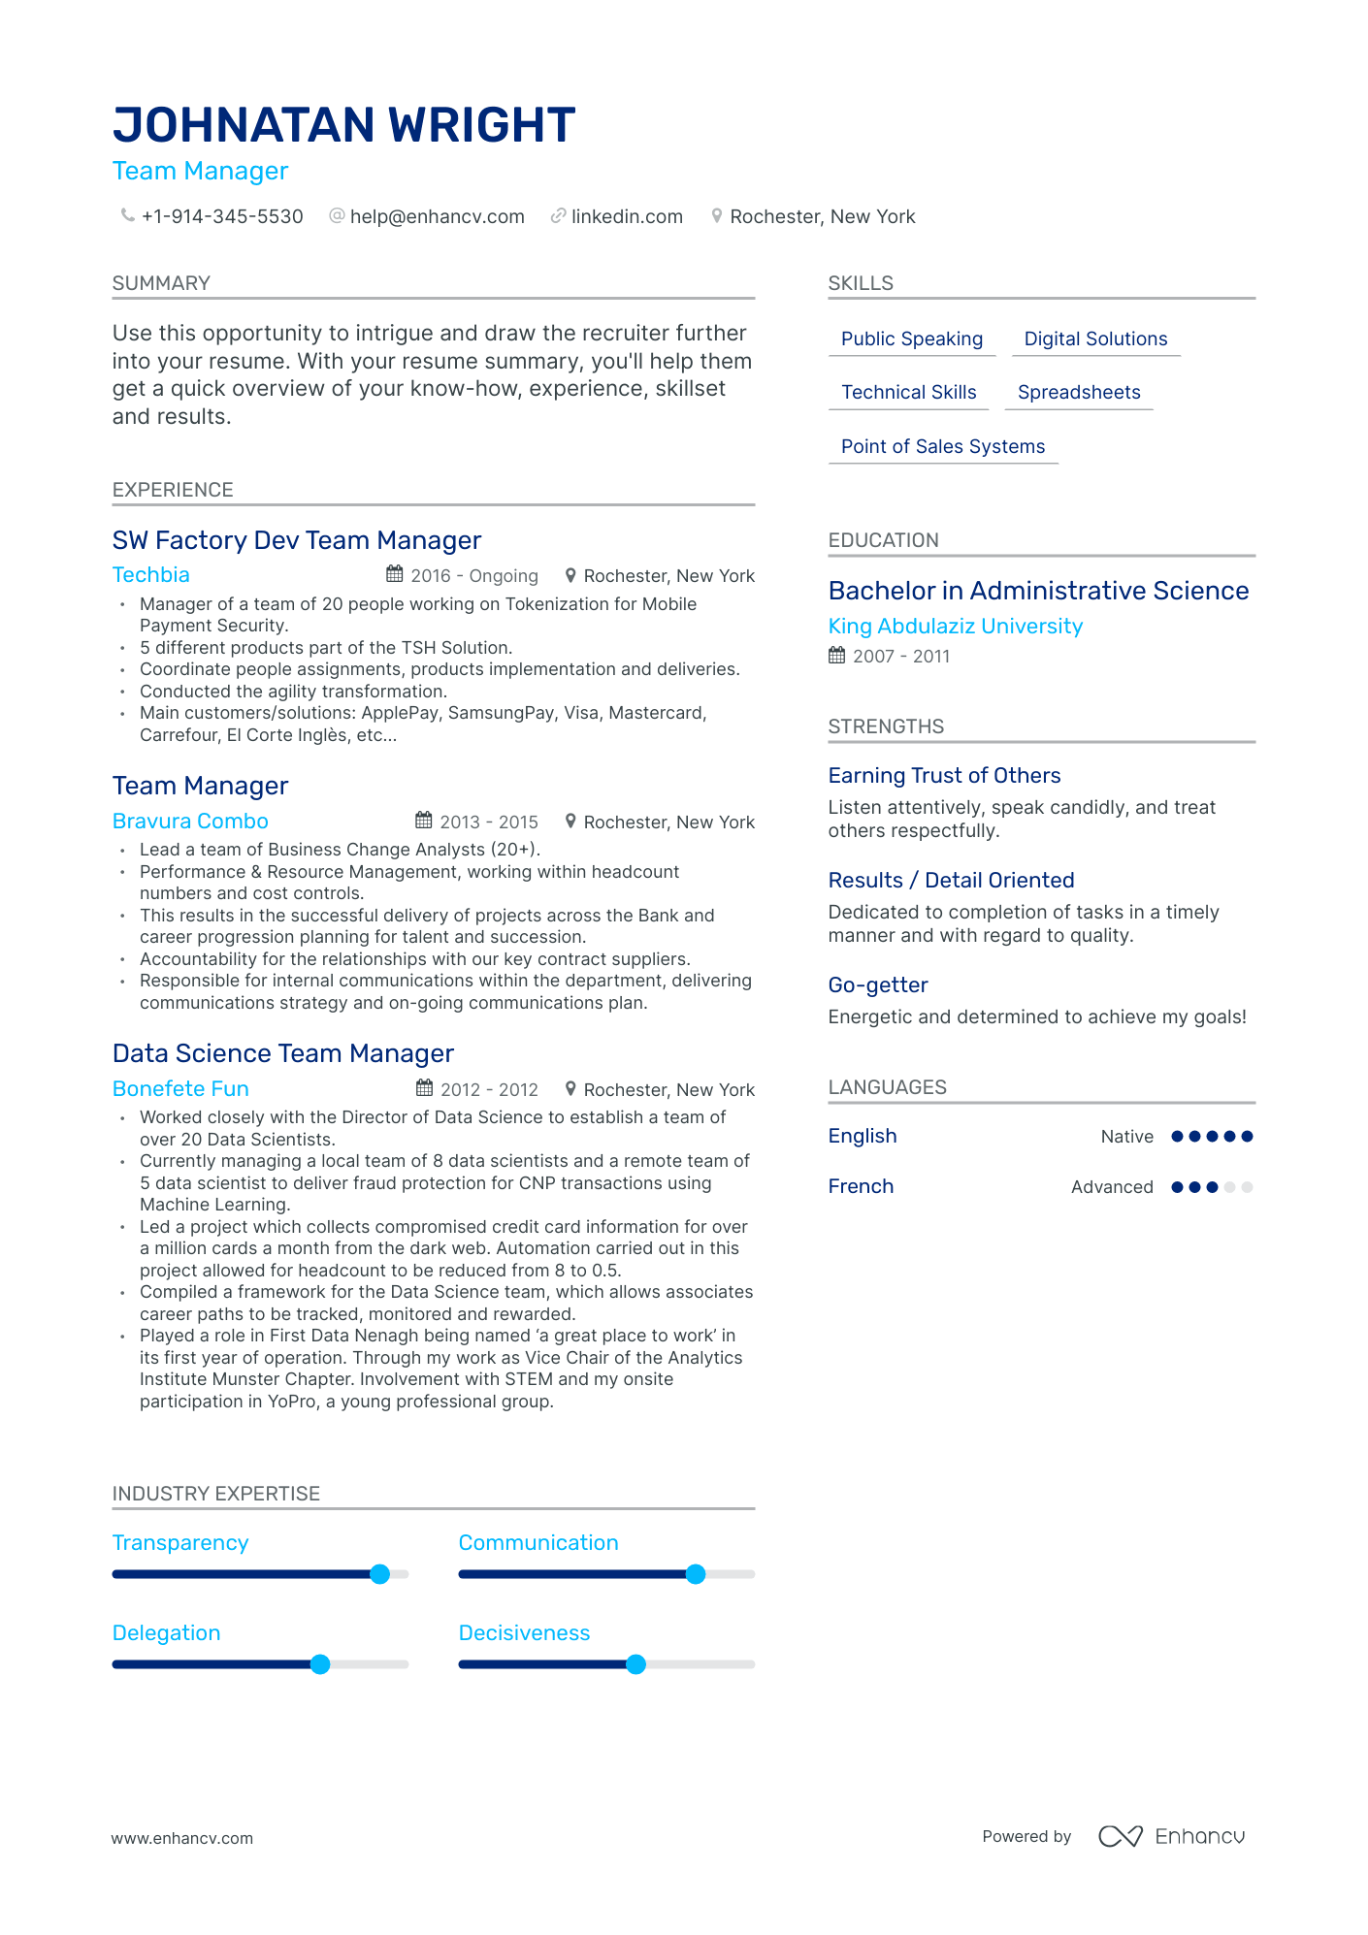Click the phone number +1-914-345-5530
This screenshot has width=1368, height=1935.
[222, 216]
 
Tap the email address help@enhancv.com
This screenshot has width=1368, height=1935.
[437, 216]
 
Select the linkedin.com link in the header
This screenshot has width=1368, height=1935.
[627, 216]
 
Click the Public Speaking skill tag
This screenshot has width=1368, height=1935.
[911, 339]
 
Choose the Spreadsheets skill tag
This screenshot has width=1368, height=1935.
[1079, 392]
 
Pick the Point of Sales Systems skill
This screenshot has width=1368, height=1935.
[942, 446]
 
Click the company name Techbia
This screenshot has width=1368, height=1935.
[151, 575]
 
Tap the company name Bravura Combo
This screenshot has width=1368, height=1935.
[190, 822]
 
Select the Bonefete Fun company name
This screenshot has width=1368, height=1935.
[180, 1089]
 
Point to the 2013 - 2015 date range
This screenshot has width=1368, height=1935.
[489, 822]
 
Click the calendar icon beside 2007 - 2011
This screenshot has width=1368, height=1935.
[836, 656]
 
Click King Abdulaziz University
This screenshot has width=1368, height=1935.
[955, 627]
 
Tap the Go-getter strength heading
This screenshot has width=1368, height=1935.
[878, 985]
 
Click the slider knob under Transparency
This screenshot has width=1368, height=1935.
[380, 1574]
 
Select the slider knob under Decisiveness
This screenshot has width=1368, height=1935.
[635, 1664]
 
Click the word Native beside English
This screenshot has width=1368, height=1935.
[1126, 1137]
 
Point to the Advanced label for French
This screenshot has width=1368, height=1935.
[1112, 1187]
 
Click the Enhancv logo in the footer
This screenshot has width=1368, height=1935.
[1171, 1836]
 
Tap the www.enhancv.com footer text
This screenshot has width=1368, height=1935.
[182, 1838]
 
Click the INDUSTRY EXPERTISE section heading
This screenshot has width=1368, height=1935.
[216, 1494]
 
